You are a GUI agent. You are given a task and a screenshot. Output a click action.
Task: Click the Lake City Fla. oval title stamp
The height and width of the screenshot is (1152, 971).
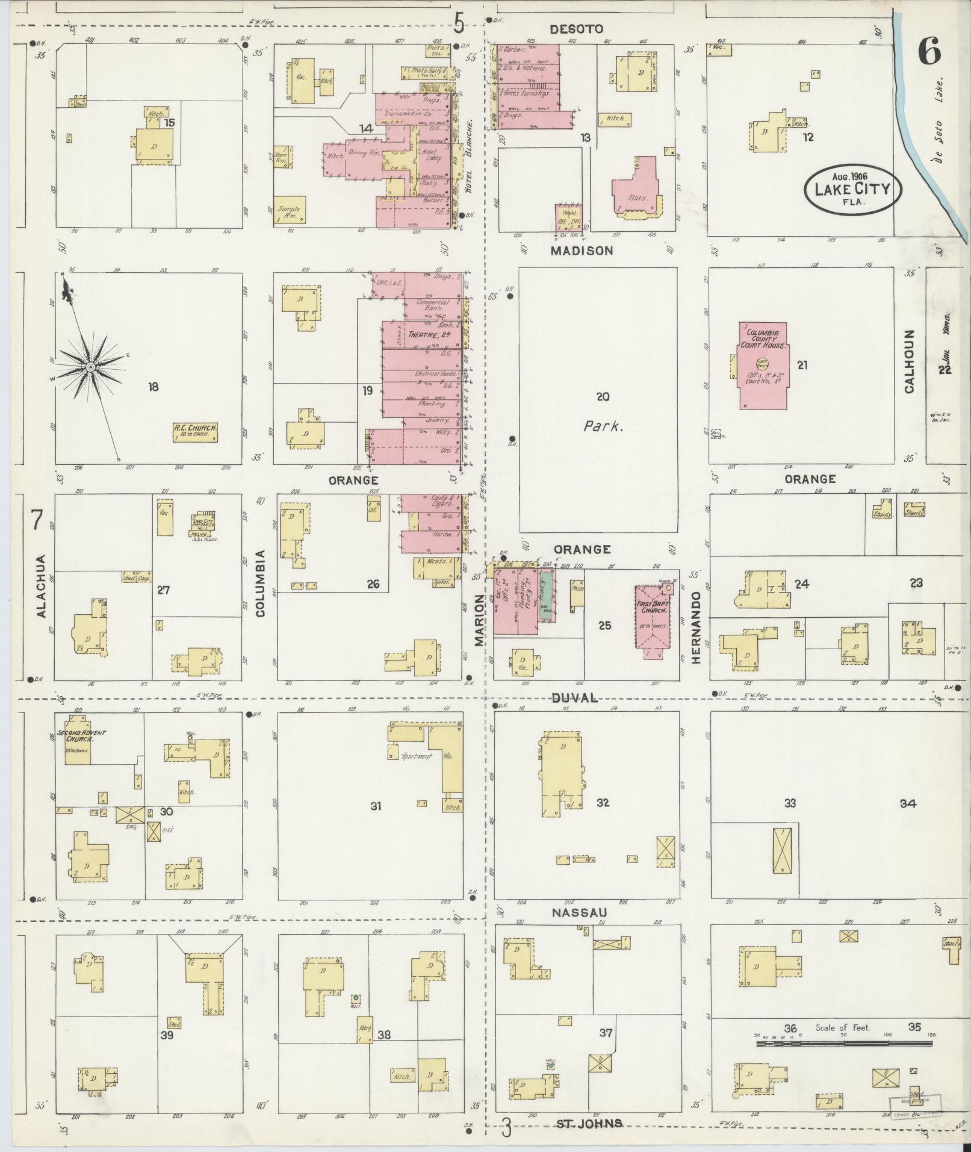[x=854, y=188]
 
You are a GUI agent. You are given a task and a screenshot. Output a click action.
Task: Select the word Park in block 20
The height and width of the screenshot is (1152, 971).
[x=603, y=426]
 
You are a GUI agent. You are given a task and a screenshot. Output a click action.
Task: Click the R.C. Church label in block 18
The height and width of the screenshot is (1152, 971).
[x=195, y=432]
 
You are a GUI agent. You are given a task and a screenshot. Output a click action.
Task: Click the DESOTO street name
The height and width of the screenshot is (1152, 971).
[x=577, y=29]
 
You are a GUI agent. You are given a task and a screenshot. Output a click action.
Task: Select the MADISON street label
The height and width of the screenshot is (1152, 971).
[x=582, y=251]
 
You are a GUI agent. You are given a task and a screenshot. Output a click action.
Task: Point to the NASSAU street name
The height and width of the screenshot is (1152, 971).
[x=579, y=930]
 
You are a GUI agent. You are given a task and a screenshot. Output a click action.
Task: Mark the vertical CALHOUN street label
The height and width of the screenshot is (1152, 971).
[x=909, y=361]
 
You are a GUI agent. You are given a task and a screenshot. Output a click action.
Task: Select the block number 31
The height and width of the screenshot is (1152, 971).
[x=376, y=806]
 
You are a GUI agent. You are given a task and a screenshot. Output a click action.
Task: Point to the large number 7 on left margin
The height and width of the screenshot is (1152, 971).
[x=37, y=520]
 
